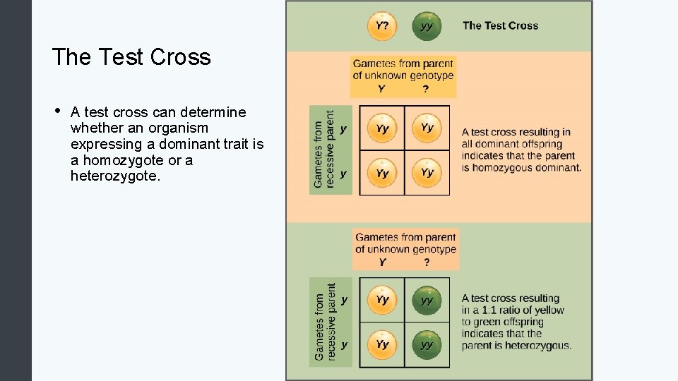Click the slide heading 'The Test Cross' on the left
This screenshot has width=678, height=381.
131,56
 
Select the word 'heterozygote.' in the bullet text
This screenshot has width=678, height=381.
115,176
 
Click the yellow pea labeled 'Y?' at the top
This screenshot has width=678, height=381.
381,26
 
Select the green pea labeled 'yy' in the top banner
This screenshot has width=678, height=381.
426,26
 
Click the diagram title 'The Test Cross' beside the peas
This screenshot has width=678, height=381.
500,26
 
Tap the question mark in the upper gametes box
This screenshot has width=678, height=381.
425,89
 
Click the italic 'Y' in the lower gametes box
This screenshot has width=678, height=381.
382,262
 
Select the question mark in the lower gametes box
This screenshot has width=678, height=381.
426,262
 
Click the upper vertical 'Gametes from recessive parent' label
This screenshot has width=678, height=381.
323,150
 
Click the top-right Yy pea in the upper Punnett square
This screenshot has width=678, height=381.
427,128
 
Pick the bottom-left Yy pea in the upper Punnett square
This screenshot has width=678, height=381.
382,173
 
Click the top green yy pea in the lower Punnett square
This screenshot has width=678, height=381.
427,301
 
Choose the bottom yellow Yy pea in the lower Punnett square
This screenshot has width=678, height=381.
382,345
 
